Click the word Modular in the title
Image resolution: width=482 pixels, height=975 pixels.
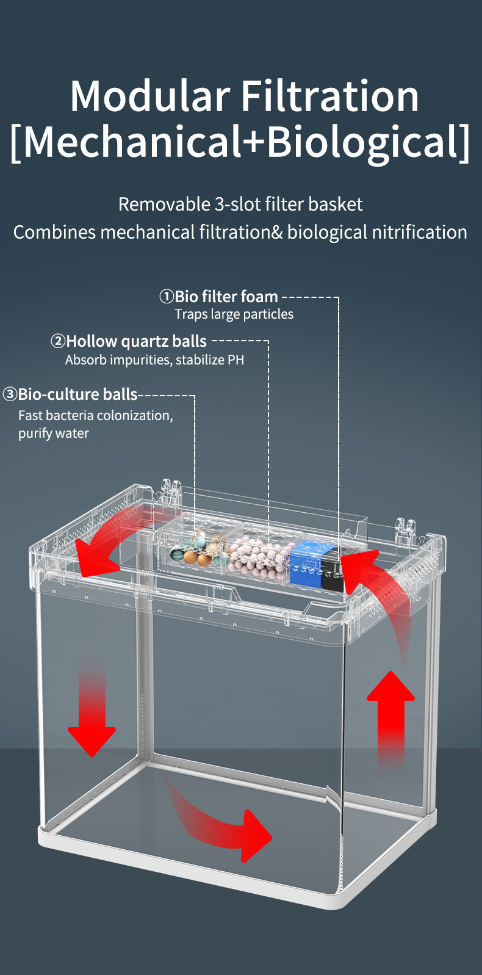[x=150, y=96]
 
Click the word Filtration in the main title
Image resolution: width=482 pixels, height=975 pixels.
[x=329, y=96]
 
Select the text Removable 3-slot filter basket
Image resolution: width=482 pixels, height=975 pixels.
[x=240, y=204]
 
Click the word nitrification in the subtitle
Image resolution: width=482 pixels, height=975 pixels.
[x=419, y=232]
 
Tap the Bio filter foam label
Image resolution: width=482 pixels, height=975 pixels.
[x=226, y=297]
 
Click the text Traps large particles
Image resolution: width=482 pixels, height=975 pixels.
[x=234, y=314]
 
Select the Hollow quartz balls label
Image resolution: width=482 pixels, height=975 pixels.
[x=136, y=341]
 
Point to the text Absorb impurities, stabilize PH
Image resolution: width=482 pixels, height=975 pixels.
[x=154, y=360]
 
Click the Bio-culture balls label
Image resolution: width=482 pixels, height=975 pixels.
[x=78, y=394]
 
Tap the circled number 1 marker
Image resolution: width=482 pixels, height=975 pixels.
[x=167, y=297]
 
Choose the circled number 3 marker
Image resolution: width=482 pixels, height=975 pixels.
[x=10, y=394]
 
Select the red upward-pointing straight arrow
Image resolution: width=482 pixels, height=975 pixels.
[x=390, y=718]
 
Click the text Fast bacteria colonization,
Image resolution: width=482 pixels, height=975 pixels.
[x=96, y=416]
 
